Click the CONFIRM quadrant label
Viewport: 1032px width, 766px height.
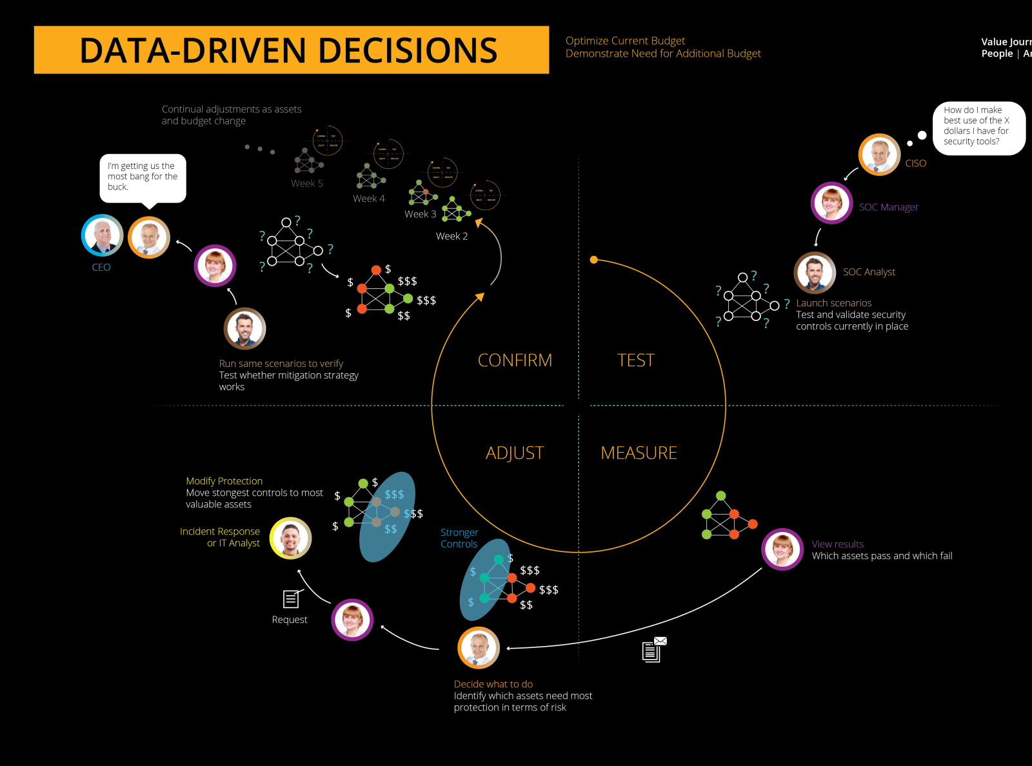click(515, 360)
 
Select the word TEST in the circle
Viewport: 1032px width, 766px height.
click(635, 360)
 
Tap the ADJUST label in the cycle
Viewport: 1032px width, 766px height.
click(514, 453)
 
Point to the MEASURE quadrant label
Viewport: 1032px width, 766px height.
click(639, 453)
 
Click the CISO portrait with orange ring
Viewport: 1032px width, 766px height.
click(878, 155)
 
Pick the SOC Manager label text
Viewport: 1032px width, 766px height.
click(888, 207)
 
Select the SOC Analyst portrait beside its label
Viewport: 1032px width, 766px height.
click(815, 273)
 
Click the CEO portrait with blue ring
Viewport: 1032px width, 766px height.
click(102, 235)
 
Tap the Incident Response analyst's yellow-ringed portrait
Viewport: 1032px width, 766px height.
click(291, 538)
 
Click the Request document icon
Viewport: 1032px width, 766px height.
click(292, 599)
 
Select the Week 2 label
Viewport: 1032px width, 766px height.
click(451, 236)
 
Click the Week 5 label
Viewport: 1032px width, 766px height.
click(307, 183)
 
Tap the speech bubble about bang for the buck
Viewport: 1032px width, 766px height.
click(143, 177)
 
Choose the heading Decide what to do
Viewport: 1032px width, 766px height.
click(493, 684)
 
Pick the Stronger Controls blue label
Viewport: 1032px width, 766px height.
click(459, 538)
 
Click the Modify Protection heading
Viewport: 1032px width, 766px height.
click(224, 481)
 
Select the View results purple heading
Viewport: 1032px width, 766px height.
click(837, 544)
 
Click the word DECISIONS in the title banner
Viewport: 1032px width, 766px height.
click(408, 50)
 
